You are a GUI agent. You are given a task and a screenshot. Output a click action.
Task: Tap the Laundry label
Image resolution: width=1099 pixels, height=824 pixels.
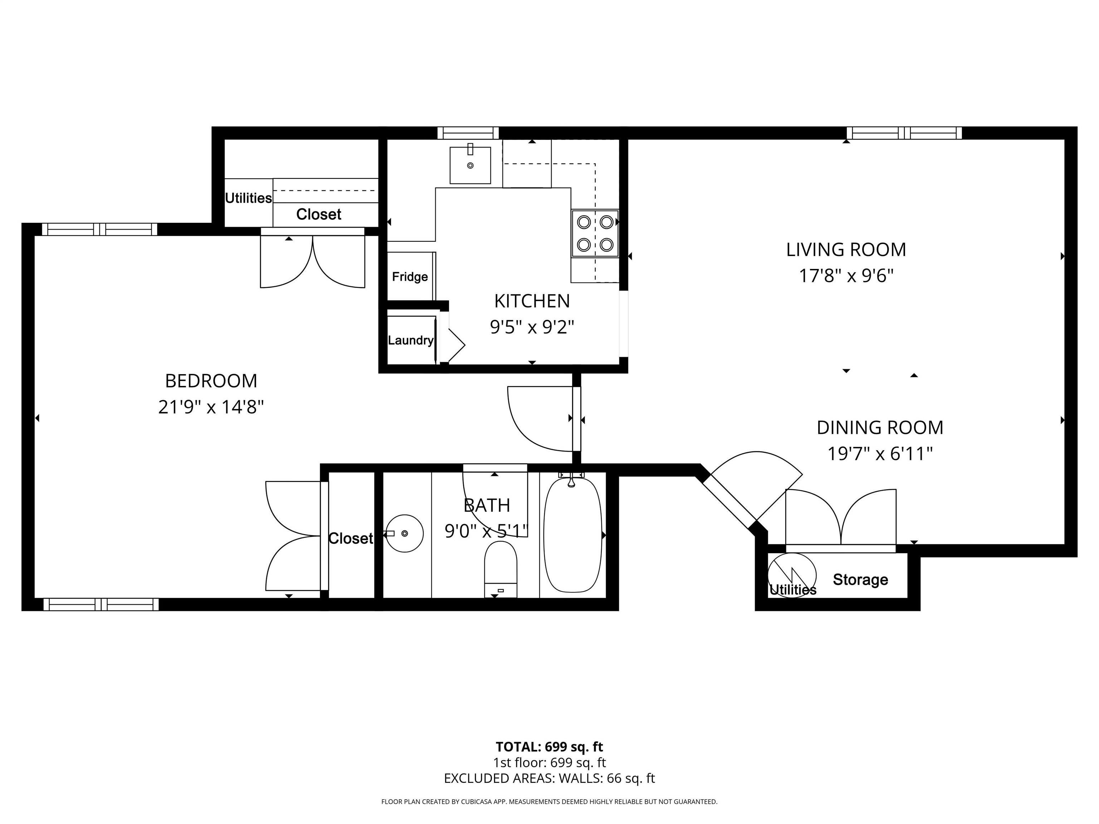(410, 340)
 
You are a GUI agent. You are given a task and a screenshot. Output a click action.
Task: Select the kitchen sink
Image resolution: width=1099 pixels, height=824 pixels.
(470, 165)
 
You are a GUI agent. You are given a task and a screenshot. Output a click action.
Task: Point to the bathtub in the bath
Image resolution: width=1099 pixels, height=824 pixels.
(572, 535)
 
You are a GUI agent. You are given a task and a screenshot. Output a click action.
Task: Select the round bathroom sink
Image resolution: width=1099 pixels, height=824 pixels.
(404, 534)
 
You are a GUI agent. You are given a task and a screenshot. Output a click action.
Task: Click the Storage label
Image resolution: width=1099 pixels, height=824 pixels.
(860, 580)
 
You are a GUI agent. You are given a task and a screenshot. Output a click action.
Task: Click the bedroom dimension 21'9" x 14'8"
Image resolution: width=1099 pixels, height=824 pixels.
(211, 407)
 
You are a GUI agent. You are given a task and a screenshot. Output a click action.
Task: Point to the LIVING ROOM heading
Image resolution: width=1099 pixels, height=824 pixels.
(846, 249)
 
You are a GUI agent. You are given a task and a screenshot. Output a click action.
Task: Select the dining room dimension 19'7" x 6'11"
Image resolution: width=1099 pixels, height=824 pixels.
(879, 453)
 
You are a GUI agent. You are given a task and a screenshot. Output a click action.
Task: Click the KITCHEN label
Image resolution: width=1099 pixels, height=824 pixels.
(532, 301)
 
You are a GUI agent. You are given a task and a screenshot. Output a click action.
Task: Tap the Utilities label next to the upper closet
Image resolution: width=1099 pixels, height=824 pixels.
(248, 198)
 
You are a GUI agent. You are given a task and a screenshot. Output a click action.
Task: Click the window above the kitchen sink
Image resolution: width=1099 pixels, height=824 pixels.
(468, 133)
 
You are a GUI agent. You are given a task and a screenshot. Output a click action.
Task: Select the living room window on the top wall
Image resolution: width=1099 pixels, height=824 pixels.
(904, 133)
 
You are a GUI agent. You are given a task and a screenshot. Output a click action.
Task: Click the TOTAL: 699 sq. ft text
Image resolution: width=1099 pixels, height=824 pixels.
(549, 746)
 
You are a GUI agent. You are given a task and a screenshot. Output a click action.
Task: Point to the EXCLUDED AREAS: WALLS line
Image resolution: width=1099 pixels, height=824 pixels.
(549, 778)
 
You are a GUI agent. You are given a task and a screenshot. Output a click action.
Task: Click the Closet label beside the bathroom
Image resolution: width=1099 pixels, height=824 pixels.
(350, 538)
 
